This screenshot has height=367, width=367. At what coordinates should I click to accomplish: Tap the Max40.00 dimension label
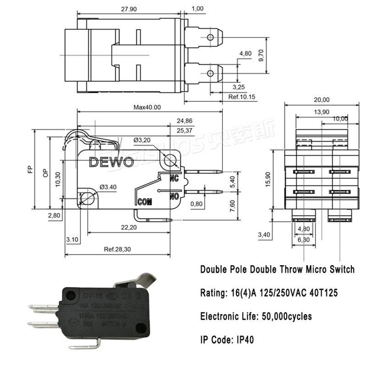point(147,107)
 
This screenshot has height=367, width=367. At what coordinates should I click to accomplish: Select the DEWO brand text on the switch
point(111,162)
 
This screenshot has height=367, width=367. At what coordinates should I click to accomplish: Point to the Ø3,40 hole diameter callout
point(108,187)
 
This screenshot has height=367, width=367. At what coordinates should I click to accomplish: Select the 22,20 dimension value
point(129,228)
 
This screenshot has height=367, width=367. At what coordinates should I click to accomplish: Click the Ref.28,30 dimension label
point(118,250)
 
